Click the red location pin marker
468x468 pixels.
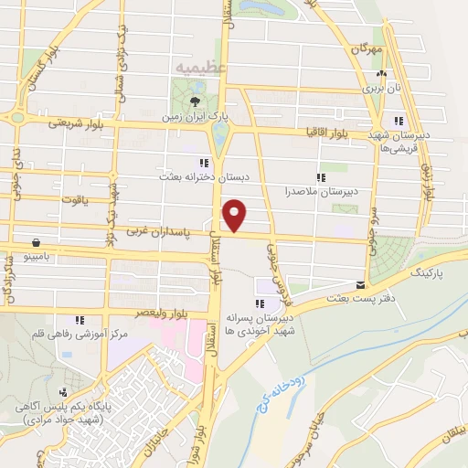pos(235,214)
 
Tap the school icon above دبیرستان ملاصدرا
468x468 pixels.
pos(320,176)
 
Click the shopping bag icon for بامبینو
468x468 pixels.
pos(36,243)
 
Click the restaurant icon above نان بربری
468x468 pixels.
pos(381,75)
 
